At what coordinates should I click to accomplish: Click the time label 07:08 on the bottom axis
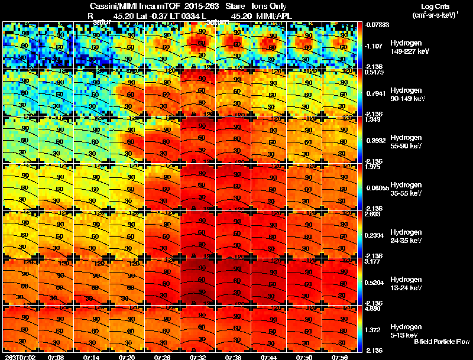56,356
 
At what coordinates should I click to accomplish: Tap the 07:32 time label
198,356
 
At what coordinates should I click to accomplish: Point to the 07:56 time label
340,356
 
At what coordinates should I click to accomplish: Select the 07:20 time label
127,356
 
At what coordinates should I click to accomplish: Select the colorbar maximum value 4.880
374,309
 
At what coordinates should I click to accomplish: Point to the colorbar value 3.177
374,261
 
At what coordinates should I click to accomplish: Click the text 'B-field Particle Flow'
441,342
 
